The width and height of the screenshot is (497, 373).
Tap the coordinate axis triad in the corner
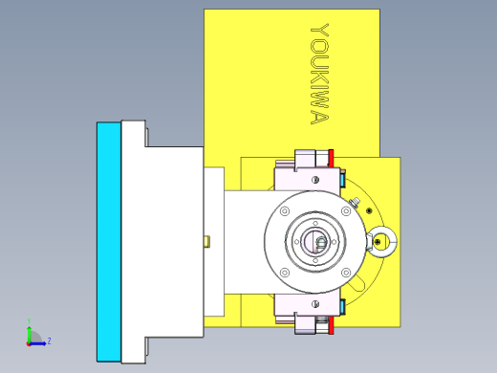[32, 336]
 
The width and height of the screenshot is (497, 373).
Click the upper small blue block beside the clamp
[342, 179]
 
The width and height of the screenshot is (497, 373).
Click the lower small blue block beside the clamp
[342, 306]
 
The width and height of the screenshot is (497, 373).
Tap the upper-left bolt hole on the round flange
[284, 210]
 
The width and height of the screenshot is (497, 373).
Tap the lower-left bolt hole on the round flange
[284, 274]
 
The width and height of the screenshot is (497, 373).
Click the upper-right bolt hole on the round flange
[347, 210]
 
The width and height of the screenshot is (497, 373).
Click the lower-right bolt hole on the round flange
[347, 274]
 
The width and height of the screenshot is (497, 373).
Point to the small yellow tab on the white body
[206, 242]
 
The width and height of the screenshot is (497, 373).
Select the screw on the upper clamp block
[313, 179]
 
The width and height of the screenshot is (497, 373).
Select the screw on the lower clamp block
[313, 306]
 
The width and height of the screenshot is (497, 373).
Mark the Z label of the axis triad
[49, 340]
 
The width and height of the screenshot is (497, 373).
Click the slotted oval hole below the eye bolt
[356, 283]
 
